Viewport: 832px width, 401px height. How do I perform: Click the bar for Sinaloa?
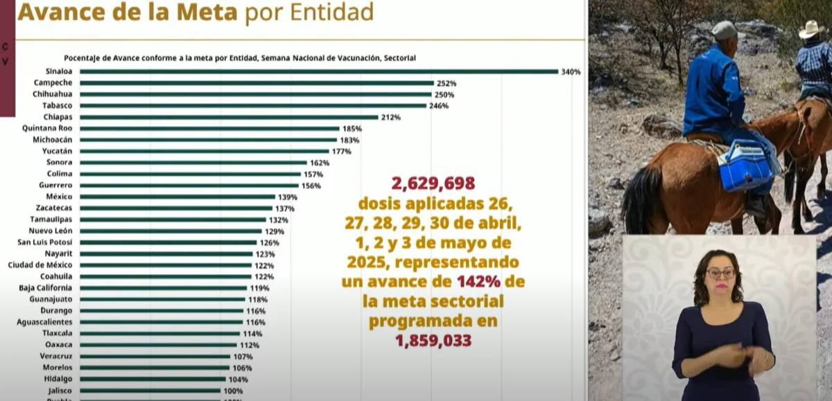click(x=319, y=71)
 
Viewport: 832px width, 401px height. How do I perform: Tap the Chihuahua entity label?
click(x=52, y=94)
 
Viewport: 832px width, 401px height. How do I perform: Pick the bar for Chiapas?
click(x=229, y=117)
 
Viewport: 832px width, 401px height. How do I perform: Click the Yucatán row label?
click(x=58, y=151)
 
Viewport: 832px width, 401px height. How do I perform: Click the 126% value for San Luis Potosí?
click(x=269, y=242)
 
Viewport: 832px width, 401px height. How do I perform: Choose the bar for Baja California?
click(x=163, y=288)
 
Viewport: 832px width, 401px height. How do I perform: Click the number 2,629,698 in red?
click(x=433, y=184)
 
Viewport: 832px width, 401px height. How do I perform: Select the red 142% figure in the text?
click(x=475, y=282)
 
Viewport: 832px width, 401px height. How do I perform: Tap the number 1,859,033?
click(x=433, y=341)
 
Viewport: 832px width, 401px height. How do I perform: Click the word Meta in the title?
click(x=200, y=12)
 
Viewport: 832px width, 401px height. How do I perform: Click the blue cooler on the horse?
click(x=745, y=166)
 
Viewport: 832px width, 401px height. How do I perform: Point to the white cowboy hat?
click(x=811, y=29)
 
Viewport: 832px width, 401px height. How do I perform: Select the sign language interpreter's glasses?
click(x=721, y=273)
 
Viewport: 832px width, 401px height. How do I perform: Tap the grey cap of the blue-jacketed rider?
click(x=724, y=30)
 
